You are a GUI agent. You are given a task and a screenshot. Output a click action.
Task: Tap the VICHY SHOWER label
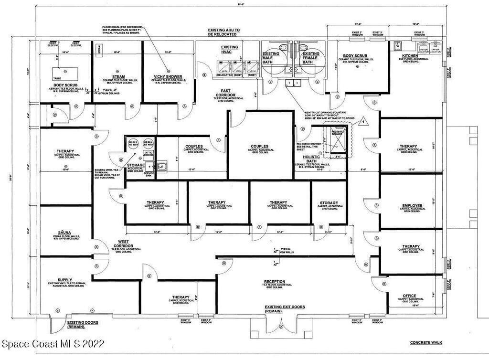tap(168, 76)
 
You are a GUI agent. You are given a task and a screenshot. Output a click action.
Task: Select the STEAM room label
tap(118, 76)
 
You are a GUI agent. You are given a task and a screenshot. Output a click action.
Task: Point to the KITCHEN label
tap(410, 56)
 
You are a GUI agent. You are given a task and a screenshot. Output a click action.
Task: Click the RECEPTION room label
tap(275, 282)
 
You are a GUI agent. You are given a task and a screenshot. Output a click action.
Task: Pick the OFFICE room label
tap(409, 296)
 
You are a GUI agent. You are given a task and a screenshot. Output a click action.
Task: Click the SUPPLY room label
tap(65, 280)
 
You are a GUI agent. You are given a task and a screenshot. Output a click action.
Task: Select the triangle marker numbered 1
tap(363, 121)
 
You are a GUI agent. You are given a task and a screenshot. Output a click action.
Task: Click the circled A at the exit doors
tap(281, 327)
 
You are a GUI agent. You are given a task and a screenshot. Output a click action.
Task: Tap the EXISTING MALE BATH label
tap(271, 57)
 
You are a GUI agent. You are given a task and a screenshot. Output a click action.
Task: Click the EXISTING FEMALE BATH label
tap(311, 57)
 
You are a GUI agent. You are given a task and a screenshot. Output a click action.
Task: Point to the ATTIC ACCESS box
tap(149, 154)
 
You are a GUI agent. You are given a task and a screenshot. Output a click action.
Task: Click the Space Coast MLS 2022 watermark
tap(53, 344)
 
